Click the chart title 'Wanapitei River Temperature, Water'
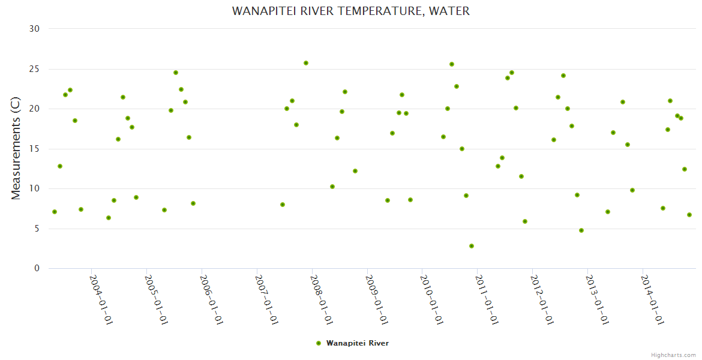[x=351, y=11]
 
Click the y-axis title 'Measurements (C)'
[x=16, y=148]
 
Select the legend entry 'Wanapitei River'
[x=357, y=343]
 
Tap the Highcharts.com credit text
[x=673, y=355]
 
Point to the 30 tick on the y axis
[x=36, y=29]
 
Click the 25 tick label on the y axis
[x=36, y=69]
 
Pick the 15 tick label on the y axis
[x=36, y=149]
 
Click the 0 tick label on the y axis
[x=37, y=269]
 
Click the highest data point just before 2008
[x=306, y=63]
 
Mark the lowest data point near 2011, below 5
[x=472, y=246]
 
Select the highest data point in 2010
[x=452, y=64]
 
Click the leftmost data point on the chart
[x=55, y=212]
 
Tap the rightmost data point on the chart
[x=689, y=215]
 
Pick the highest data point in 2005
[x=176, y=73]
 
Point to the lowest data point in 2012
[x=581, y=230]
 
